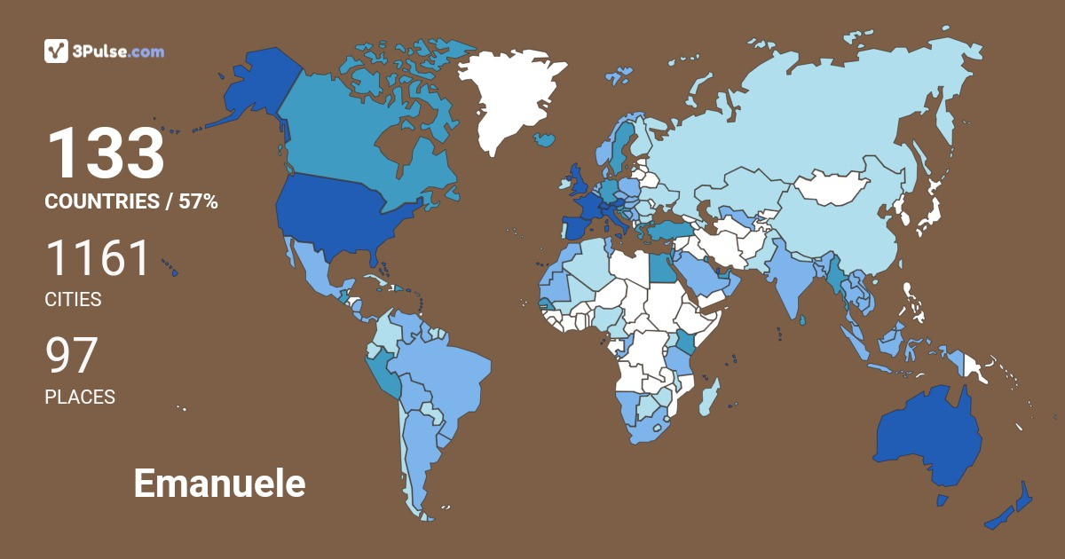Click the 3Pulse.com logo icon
click(x=56, y=51)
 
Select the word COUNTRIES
click(x=101, y=202)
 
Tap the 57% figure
click(x=198, y=202)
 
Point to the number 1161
click(x=98, y=258)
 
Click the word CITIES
click(x=73, y=300)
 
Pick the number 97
click(x=71, y=356)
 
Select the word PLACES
click(x=80, y=398)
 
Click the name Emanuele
click(x=219, y=484)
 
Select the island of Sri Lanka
click(x=803, y=319)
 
